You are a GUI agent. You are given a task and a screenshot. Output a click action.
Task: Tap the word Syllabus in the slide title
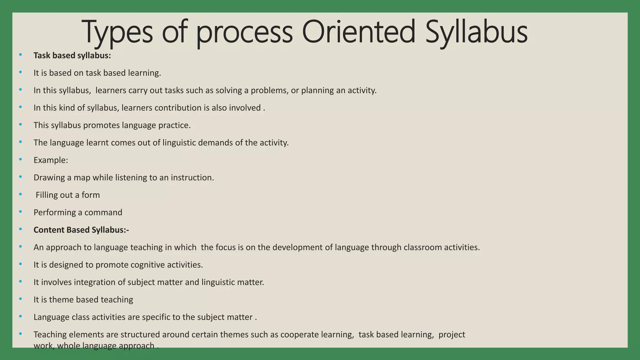(x=476, y=32)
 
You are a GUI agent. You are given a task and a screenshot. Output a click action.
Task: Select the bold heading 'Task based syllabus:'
(x=72, y=56)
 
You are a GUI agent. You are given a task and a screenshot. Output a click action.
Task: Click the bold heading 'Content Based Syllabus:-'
(x=81, y=230)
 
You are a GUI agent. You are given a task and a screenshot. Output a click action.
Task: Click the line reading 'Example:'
(x=51, y=160)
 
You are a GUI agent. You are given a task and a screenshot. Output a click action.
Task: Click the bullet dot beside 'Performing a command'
(x=21, y=212)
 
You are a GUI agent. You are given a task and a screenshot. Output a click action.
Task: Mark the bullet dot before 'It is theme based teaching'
(x=21, y=299)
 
